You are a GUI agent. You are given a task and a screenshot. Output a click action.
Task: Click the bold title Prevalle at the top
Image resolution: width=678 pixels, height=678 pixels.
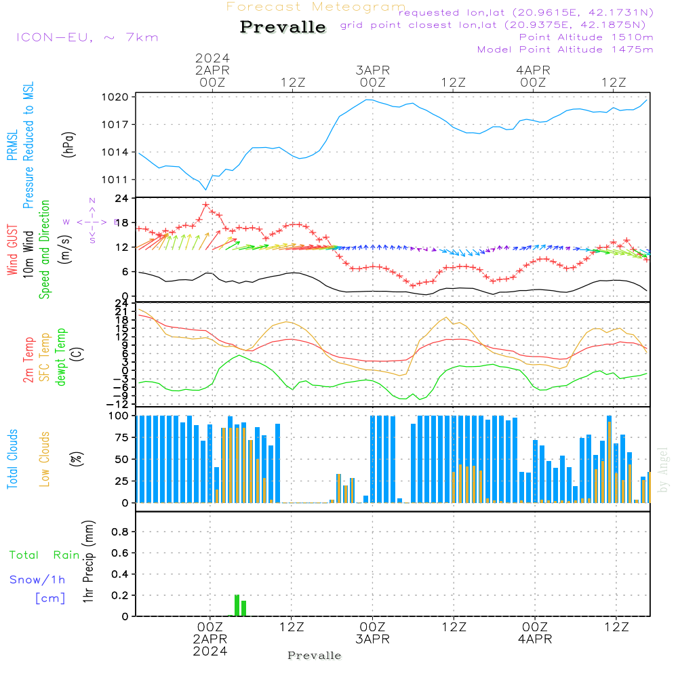click(283, 27)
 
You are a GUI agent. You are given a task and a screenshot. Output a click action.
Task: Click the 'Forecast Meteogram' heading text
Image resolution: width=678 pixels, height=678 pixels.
click(316, 7)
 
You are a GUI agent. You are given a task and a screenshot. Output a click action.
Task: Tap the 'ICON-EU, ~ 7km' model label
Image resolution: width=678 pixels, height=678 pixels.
click(87, 37)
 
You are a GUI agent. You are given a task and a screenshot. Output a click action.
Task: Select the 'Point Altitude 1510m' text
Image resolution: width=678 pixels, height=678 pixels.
click(586, 37)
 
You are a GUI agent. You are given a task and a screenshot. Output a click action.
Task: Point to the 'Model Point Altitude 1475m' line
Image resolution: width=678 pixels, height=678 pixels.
click(565, 49)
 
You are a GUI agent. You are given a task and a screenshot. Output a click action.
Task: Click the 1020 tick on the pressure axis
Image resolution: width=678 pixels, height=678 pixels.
click(119, 97)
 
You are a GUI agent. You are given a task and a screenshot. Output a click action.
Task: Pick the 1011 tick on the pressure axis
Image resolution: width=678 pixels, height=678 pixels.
click(119, 180)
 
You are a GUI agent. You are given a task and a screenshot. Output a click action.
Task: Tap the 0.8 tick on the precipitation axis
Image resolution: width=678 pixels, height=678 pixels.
click(120, 532)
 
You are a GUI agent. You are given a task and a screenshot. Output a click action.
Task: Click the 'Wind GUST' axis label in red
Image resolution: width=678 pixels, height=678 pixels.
click(12, 252)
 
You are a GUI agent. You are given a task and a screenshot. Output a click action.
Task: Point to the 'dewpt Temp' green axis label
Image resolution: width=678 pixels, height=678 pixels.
click(61, 357)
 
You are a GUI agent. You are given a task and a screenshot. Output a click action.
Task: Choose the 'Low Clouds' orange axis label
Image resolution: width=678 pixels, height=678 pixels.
click(45, 458)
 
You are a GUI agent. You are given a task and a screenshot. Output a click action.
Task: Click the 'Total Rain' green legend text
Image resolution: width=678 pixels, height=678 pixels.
click(44, 555)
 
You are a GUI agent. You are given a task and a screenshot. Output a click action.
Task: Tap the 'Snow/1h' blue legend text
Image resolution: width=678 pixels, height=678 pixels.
click(37, 580)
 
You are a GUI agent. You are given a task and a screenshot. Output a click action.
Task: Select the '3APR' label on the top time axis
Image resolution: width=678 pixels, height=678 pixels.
click(372, 71)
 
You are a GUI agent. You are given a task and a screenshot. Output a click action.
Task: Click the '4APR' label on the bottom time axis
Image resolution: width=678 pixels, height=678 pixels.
click(534, 639)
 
